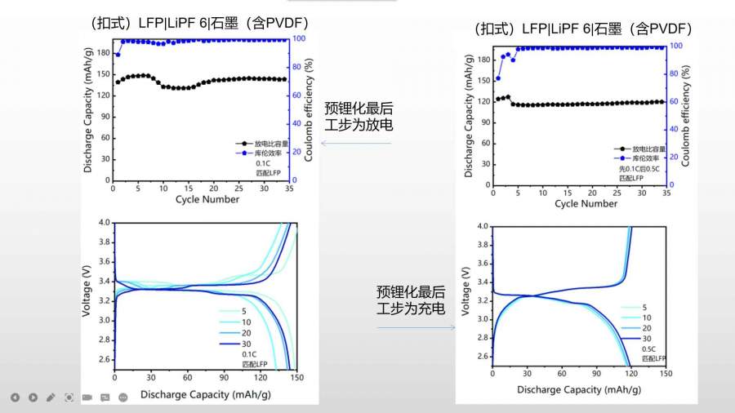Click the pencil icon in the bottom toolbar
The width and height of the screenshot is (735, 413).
(x=51, y=397)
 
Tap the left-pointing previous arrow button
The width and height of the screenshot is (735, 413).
(x=15, y=397)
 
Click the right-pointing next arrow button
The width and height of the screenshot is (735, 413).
(x=33, y=397)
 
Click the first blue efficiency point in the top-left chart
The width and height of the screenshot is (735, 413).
(x=118, y=55)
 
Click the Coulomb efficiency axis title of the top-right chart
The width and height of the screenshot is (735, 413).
(x=685, y=113)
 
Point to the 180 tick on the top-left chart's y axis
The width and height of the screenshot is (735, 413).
(x=103, y=53)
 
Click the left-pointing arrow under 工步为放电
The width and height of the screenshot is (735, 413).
(x=358, y=144)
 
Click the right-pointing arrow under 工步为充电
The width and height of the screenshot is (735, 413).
(x=416, y=328)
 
